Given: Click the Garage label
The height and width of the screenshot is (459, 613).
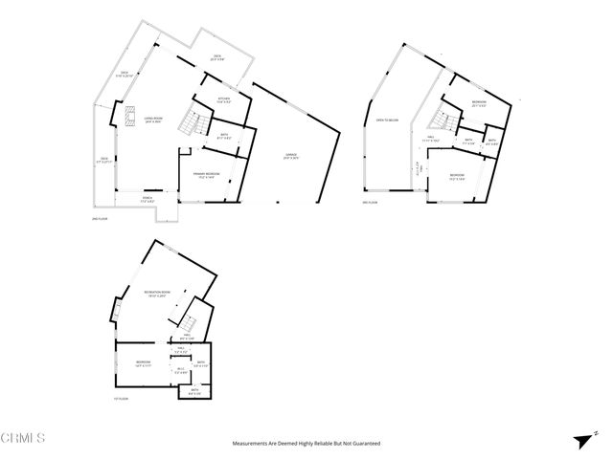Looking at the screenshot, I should [x=291, y=156].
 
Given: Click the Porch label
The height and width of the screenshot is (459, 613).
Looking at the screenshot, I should [x=148, y=200].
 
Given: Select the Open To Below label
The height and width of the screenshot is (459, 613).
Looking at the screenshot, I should [x=374, y=120].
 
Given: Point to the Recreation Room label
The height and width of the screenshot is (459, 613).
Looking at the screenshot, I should [x=157, y=294].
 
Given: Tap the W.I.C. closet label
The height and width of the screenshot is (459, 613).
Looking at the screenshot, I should [x=180, y=370].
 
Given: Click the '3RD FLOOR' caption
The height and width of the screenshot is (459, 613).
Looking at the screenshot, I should [x=370, y=203].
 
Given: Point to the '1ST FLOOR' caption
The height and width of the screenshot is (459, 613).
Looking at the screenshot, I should [x=121, y=398].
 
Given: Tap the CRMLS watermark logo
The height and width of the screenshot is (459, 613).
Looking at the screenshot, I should [x=23, y=439].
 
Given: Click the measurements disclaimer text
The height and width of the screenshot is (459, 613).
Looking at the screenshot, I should [x=306, y=444].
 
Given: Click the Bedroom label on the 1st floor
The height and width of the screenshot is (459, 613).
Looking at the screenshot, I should [x=142, y=363].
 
